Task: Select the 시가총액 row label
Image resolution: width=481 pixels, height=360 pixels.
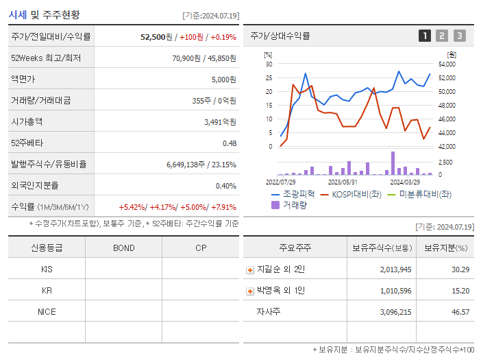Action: point(27,122)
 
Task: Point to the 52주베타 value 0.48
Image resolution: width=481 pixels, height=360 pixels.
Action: point(229,143)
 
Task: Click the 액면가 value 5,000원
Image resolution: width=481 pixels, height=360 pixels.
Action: point(223,80)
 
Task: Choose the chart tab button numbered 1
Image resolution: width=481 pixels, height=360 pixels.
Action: point(425,36)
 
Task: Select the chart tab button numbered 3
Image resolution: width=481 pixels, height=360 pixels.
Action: point(459,36)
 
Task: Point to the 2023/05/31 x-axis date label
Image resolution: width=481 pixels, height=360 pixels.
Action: point(343,182)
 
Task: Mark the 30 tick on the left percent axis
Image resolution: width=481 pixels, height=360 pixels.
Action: point(269,64)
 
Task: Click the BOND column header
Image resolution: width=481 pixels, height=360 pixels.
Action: point(123,248)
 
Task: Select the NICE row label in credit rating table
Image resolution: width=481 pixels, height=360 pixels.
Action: point(47,312)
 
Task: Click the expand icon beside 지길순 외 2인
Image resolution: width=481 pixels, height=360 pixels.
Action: point(250,269)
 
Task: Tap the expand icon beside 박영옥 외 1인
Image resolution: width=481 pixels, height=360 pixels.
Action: point(250,291)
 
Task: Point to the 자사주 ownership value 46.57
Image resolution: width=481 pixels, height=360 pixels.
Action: point(460,312)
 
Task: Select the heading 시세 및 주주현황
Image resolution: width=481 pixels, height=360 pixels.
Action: point(44,14)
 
